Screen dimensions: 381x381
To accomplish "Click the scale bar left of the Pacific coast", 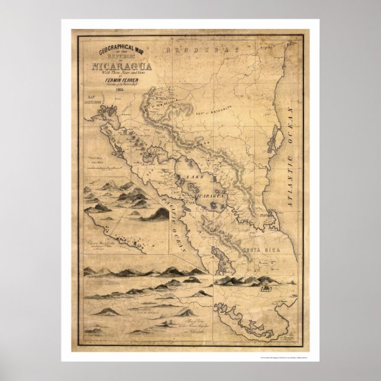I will coord(93,160).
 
